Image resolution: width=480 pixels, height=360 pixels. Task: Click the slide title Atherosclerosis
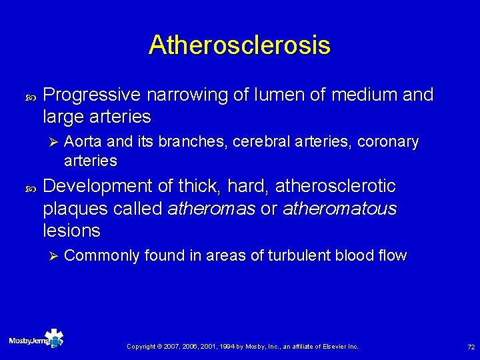(x=239, y=45)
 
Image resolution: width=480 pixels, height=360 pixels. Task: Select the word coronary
(x=388, y=142)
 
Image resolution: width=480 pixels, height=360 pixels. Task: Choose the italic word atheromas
(x=211, y=209)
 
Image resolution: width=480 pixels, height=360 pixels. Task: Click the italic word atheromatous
(x=339, y=209)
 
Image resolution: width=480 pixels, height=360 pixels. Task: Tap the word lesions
(x=71, y=231)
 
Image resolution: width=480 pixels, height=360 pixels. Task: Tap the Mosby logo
(x=36, y=339)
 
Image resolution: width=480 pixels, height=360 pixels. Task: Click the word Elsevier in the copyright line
(x=334, y=347)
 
